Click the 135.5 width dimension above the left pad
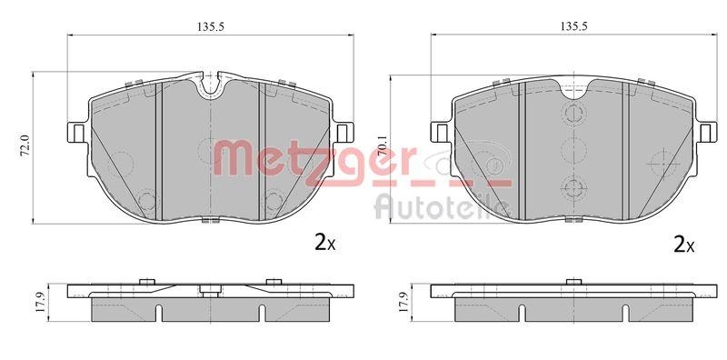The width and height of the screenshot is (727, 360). [211, 26]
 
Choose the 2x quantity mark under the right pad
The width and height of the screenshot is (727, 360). [684, 244]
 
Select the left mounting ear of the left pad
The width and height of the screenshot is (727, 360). [77, 132]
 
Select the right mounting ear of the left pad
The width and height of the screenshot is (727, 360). [344, 132]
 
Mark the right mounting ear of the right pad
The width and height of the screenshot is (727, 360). [704, 132]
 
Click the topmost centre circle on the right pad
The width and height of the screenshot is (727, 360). [572, 114]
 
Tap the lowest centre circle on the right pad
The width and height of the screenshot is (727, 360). [572, 188]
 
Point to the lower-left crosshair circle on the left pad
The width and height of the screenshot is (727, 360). [149, 199]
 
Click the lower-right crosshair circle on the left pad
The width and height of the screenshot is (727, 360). [272, 199]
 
